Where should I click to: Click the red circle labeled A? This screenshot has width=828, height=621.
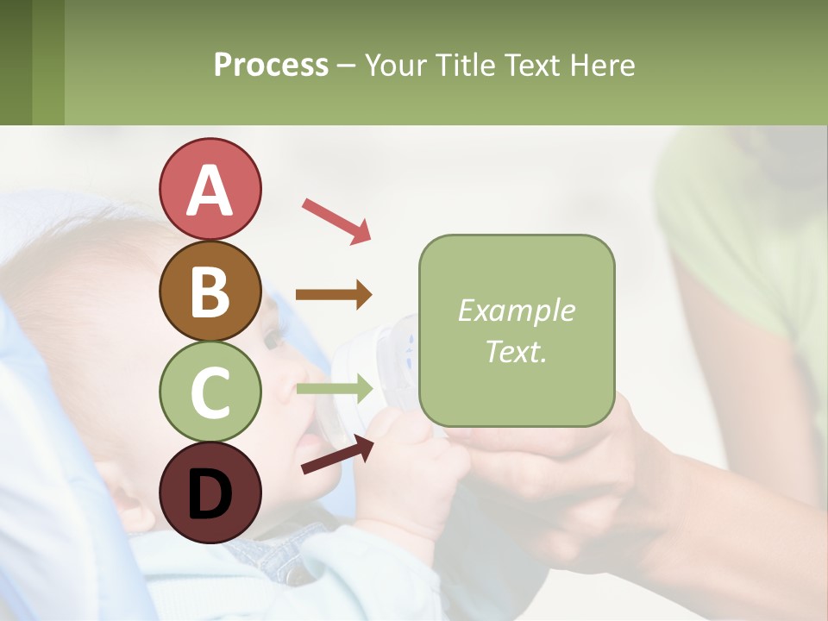coord(210,189)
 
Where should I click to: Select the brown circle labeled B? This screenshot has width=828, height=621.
coord(210,291)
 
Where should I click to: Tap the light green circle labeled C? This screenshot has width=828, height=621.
coord(210,392)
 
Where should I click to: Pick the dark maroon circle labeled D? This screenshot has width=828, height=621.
coord(210,492)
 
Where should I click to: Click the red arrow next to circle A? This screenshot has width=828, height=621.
coord(336,220)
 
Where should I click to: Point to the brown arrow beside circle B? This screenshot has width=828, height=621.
coord(334,295)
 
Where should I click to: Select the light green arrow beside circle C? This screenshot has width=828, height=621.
coord(334,390)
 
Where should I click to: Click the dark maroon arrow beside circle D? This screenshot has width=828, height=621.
coord(337,455)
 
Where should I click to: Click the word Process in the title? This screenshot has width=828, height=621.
coord(271,66)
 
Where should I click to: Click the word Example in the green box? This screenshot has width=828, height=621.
coord(516,310)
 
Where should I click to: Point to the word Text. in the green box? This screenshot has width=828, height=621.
coord(516,351)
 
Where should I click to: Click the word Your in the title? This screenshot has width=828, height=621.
coord(397,65)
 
